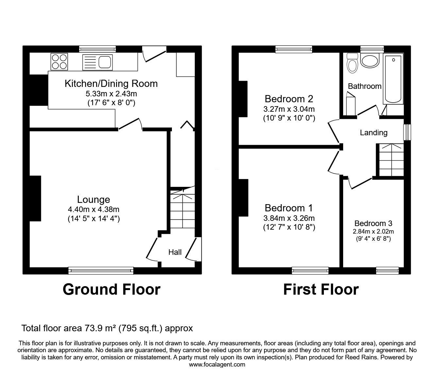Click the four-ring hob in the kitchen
point(59,61)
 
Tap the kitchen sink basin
point(105,62)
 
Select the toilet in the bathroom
point(352,63)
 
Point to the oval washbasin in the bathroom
point(370,60)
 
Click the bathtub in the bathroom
point(393,78)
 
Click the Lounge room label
point(93,200)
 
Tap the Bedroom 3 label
point(373,223)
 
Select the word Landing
point(374,133)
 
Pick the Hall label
point(175,252)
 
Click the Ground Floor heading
point(111,289)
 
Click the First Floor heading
point(321,289)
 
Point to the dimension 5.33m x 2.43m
point(111,94)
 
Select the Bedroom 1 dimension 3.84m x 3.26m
point(289,218)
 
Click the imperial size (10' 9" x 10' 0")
point(289,118)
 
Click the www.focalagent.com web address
point(217,365)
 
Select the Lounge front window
point(101,270)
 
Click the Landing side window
point(407,132)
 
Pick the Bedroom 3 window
point(387,270)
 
